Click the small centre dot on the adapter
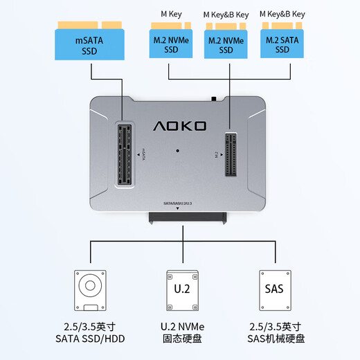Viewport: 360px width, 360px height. pyautogui.click(x=179, y=150)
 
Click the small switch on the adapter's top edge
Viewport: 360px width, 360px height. pyautogui.click(x=216, y=98)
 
